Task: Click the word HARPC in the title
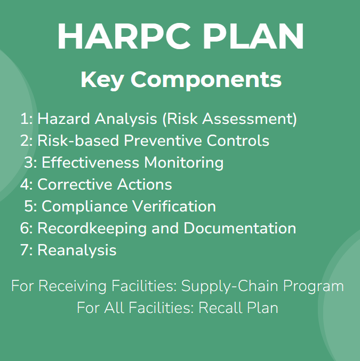click(x=124, y=36)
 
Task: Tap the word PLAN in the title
click(x=253, y=36)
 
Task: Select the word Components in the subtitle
click(x=206, y=80)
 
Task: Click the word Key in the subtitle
click(x=102, y=80)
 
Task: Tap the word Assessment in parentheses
click(x=246, y=119)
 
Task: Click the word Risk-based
click(x=78, y=140)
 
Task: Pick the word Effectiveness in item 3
click(x=90, y=162)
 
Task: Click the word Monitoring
click(x=183, y=163)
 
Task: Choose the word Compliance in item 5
click(x=85, y=207)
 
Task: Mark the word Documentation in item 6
click(x=240, y=228)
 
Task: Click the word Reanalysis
click(x=77, y=250)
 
